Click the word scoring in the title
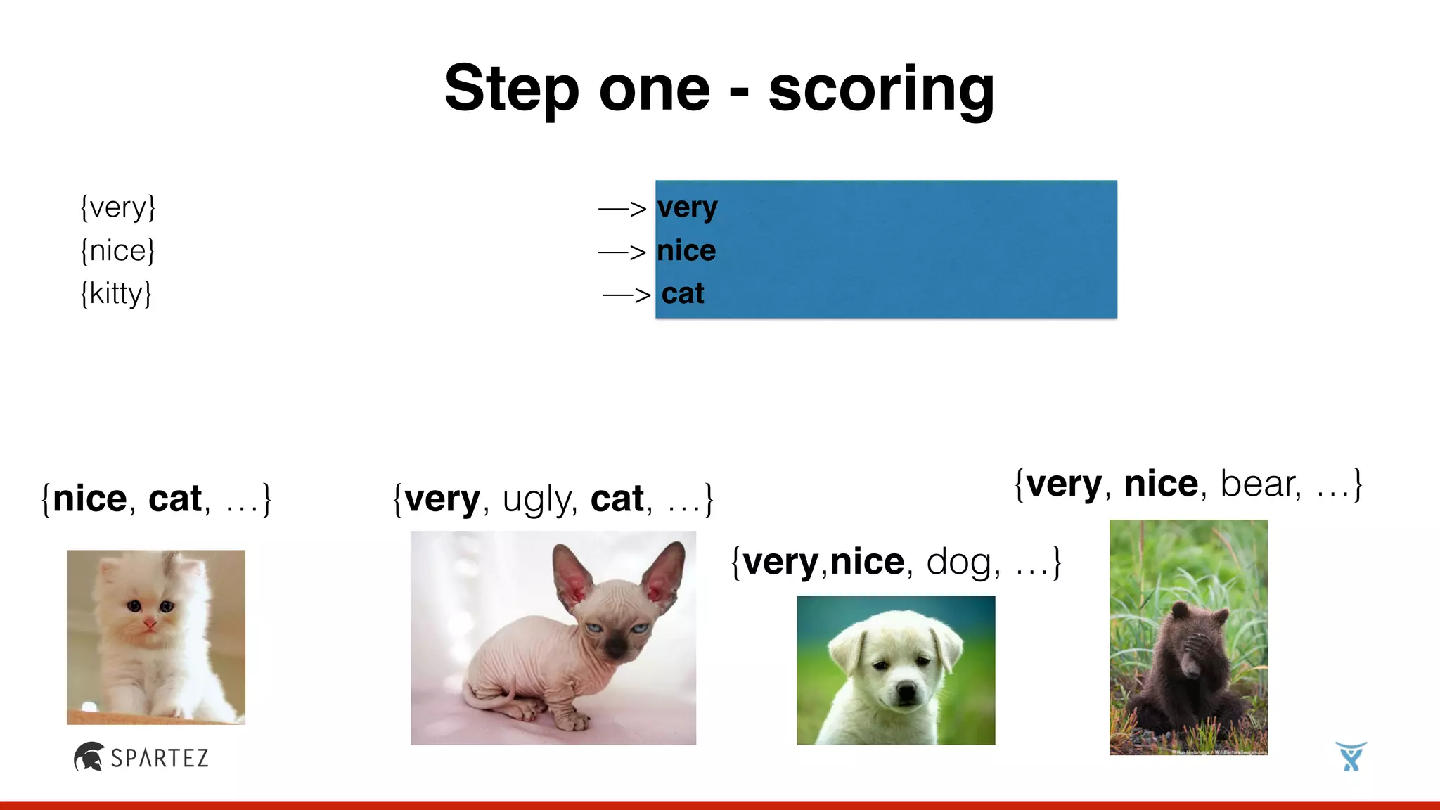(881, 90)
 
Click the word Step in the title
(512, 90)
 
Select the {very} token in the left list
(117, 208)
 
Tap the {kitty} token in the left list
(116, 294)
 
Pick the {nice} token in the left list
(117, 251)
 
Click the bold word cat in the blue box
(683, 294)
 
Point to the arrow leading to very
(622, 209)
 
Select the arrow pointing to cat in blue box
(626, 295)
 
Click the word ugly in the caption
(536, 499)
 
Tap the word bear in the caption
(1258, 484)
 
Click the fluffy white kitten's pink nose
(150, 623)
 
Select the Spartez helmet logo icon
(89, 757)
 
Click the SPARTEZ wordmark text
(160, 758)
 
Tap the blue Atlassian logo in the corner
(1351, 757)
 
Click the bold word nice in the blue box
(686, 251)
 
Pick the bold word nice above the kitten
(90, 499)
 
